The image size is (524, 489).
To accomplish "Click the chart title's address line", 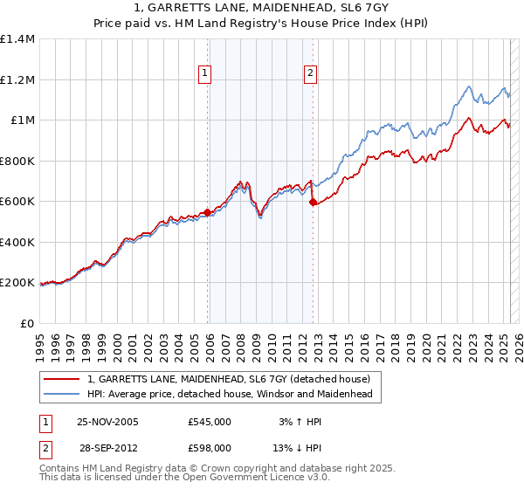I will coord(262,8).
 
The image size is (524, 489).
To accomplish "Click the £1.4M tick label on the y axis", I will coord(17,39).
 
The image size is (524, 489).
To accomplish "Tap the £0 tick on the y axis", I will coord(27,323).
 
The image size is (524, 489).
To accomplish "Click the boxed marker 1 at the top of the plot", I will coord(205,74).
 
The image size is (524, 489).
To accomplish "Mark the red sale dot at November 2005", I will coord(207,212).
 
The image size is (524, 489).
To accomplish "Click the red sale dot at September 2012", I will coord(313,202).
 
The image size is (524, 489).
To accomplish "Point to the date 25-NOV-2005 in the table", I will coord(108,421).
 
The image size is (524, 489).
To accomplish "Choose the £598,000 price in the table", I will coord(210,447).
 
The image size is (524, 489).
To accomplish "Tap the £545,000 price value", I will coord(210,421).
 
